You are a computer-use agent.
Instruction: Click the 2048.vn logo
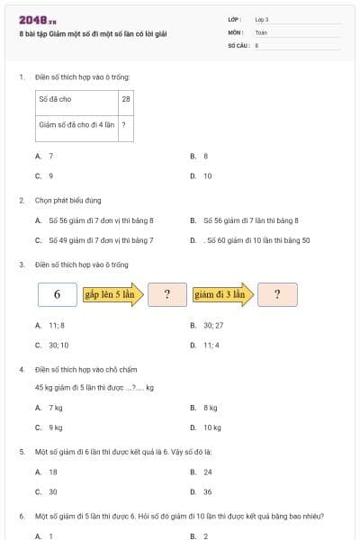coord(37,20)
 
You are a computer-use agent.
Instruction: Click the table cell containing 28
coord(126,99)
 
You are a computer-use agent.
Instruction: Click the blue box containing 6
coord(58,294)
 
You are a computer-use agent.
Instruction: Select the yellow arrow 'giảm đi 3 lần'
coord(220,294)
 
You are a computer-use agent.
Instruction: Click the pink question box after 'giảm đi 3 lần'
coord(278,294)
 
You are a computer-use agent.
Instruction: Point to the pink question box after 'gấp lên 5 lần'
coord(167,294)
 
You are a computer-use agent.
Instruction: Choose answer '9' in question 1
coord(51,176)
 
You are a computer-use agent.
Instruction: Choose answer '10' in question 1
coord(207,176)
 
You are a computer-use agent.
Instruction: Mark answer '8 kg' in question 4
coord(210,408)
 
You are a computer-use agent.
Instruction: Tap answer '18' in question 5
coord(53,472)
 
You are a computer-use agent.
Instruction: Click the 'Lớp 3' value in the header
coord(261,19)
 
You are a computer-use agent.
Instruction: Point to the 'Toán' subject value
coord(261,31)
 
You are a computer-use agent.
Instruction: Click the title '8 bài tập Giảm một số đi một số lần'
coord(93,34)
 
